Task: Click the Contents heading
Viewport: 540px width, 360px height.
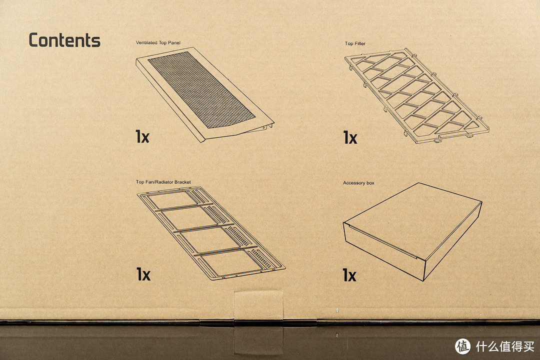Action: coord(64,40)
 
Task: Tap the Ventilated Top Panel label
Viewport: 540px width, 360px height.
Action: coord(158,42)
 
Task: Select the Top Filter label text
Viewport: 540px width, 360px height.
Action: coord(355,43)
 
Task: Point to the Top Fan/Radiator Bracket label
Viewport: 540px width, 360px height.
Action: coord(163,182)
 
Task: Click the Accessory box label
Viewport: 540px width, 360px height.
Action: coord(358,183)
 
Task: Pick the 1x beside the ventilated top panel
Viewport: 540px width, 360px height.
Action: coord(142,136)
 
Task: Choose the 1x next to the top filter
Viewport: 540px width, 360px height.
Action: coord(350,137)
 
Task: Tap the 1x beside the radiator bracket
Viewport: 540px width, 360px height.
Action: coord(143,274)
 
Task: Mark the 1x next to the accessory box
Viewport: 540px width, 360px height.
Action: coord(349,275)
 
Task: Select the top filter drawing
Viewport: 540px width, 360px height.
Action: coord(416,96)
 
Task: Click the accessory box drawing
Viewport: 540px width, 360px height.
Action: coord(412,231)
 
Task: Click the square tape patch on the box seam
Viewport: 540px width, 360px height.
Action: coord(258,305)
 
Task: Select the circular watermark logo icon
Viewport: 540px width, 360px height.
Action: coord(462,346)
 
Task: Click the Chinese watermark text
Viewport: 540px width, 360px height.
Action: coord(505,346)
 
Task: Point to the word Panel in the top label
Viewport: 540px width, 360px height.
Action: coord(174,42)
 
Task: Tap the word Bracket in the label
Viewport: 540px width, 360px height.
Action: coord(182,182)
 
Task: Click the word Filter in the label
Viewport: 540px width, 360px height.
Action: coord(360,43)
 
